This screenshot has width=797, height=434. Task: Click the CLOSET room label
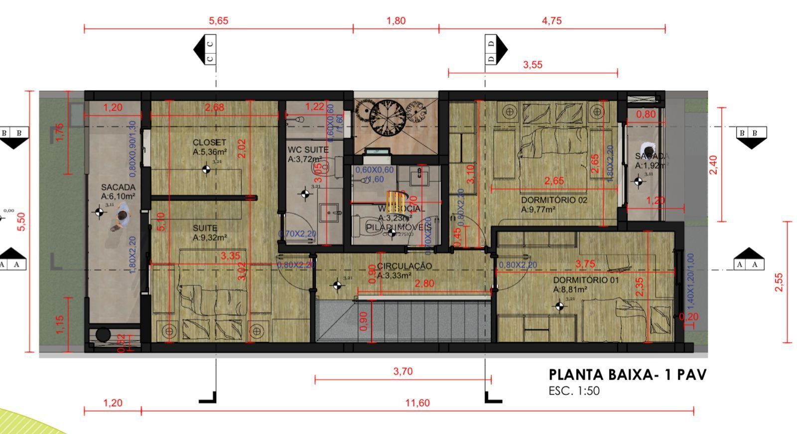[209, 143]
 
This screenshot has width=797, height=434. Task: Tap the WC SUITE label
[308, 149]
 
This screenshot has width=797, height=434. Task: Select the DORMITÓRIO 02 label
[554, 200]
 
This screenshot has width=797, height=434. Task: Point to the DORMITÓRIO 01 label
[586, 280]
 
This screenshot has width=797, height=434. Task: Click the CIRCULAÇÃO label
[404, 266]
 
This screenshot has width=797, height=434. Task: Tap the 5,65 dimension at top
[218, 21]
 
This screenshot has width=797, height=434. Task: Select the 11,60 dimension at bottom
[417, 403]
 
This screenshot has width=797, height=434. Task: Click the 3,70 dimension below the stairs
[402, 371]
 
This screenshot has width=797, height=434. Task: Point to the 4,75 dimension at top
[551, 21]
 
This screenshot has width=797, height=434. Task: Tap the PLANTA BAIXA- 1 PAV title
[627, 375]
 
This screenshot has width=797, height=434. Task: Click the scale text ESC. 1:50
[574, 391]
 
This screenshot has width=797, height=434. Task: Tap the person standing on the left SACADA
[120, 219]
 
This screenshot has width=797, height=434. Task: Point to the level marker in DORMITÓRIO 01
[560, 306]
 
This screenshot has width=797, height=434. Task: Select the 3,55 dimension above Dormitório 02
[532, 65]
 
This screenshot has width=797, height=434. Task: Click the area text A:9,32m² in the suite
[210, 238]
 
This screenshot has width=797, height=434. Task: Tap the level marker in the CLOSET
[206, 170]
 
